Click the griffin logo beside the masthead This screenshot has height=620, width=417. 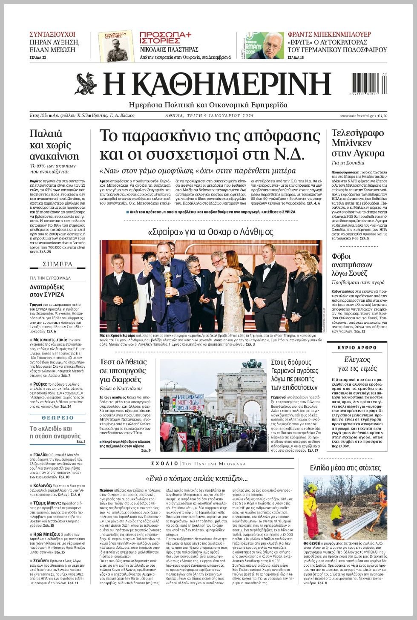coord(86,84)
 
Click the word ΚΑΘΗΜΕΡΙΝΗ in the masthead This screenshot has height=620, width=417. coord(217,84)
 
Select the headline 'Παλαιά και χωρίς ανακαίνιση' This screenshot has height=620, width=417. coord(54,145)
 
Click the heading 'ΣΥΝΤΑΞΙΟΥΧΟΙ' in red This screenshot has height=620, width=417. coord(52,34)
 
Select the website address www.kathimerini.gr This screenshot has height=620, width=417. coord(357,116)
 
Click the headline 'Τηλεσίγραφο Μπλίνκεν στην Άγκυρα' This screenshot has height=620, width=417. coord(358,143)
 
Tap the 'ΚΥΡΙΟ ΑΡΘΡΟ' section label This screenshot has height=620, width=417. coord(357,348)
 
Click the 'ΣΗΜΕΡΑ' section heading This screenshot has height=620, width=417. coord(58,264)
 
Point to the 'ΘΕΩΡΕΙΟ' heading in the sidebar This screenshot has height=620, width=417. coord(58,418)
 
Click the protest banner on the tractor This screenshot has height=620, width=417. coord(190,403)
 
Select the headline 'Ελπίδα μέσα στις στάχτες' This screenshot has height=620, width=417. coord(345,468)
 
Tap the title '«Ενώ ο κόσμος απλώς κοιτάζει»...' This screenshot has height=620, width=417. coord(196,478)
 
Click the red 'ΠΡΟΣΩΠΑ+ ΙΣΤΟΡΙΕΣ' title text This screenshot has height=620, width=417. coord(166,37)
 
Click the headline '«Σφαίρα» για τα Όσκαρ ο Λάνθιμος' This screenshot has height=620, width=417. coord(210,232)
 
